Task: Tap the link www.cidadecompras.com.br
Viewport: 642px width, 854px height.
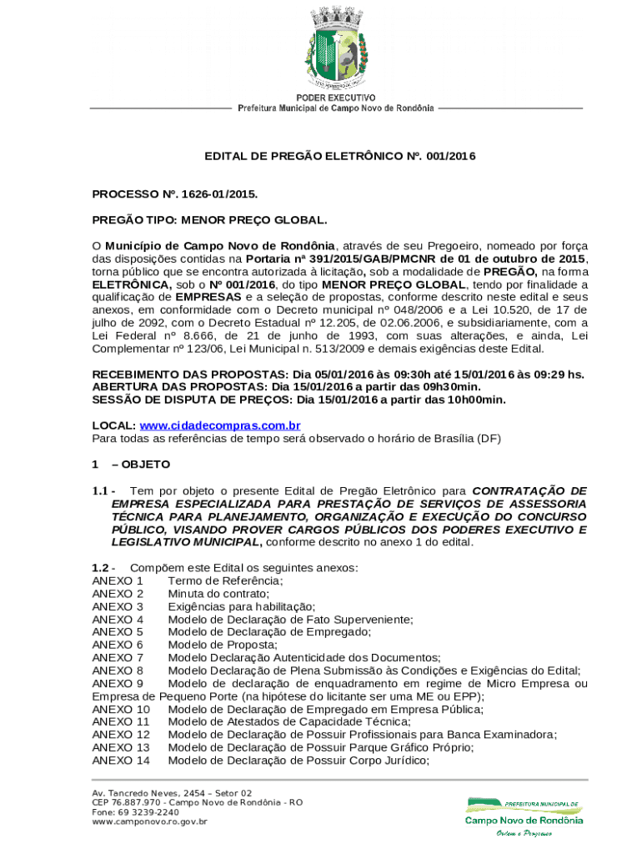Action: [x=220, y=425]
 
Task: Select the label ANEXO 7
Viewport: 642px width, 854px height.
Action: [x=118, y=657]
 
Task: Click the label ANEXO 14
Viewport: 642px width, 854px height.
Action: [x=121, y=760]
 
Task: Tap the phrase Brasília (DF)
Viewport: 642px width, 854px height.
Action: [x=467, y=439]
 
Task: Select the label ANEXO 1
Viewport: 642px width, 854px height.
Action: [x=118, y=580]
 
